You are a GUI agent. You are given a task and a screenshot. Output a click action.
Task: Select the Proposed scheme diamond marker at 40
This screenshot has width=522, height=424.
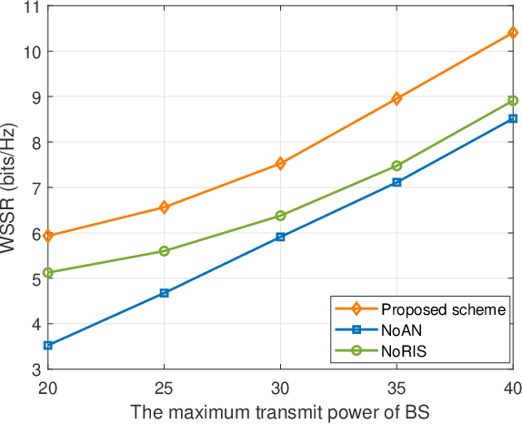(513, 33)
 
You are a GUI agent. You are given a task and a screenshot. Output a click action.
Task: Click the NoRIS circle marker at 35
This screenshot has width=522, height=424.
(397, 166)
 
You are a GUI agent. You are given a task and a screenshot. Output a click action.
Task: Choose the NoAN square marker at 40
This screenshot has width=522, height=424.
(513, 118)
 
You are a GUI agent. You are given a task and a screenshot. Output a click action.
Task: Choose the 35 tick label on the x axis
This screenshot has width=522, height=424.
(397, 387)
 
